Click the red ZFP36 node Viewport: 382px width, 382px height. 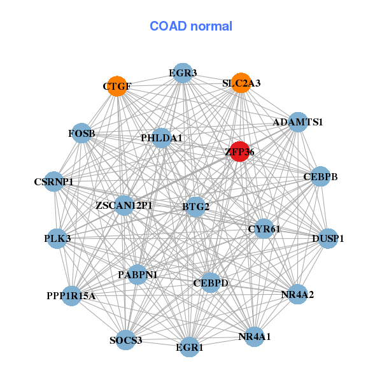coord(239,152)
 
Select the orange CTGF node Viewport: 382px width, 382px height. coord(117,86)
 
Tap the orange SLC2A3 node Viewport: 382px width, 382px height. coord(241,83)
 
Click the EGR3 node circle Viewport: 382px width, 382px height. coord(183,73)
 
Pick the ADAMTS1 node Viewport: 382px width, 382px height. coord(298,122)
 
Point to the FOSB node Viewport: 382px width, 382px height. coord(82,133)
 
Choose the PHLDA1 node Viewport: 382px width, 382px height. coord(162,138)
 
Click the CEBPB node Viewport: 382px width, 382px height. coord(320,176)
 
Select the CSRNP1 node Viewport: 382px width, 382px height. coord(54,182)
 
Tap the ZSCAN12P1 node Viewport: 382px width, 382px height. coord(124,206)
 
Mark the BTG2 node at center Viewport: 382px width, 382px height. coord(195,206)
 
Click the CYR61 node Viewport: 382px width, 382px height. coord(264,229)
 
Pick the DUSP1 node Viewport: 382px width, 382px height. coord(329,239)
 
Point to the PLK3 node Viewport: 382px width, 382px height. coord(57,238)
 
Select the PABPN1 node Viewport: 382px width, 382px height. coord(138,274)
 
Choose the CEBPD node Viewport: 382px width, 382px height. coord(211,282)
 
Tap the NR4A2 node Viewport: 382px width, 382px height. coord(297,294)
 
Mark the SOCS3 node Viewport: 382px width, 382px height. coord(125,340)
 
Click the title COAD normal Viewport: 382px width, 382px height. coord(191,26)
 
